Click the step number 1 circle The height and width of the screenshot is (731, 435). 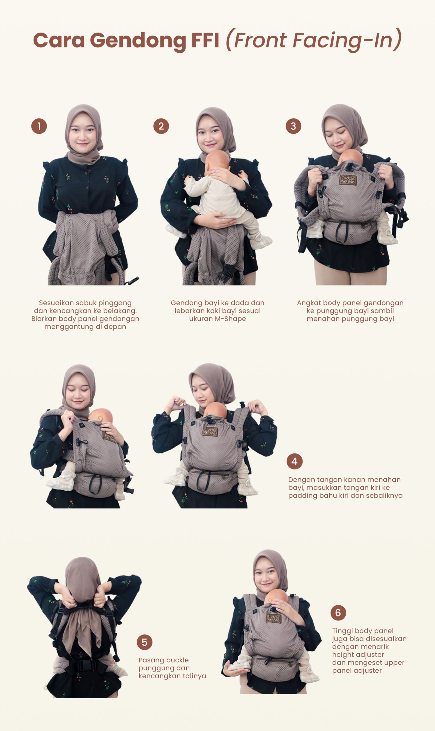click(39, 126)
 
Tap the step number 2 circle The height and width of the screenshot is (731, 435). click(161, 126)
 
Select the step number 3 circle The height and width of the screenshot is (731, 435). click(293, 126)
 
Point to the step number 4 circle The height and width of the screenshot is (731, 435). click(294, 461)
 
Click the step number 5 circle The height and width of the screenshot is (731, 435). click(144, 642)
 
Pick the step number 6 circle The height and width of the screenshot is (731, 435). click(338, 612)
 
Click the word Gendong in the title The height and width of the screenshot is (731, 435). click(138, 41)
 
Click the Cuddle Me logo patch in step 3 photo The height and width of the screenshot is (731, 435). click(348, 180)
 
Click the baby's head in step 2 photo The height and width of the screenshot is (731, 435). click(217, 162)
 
